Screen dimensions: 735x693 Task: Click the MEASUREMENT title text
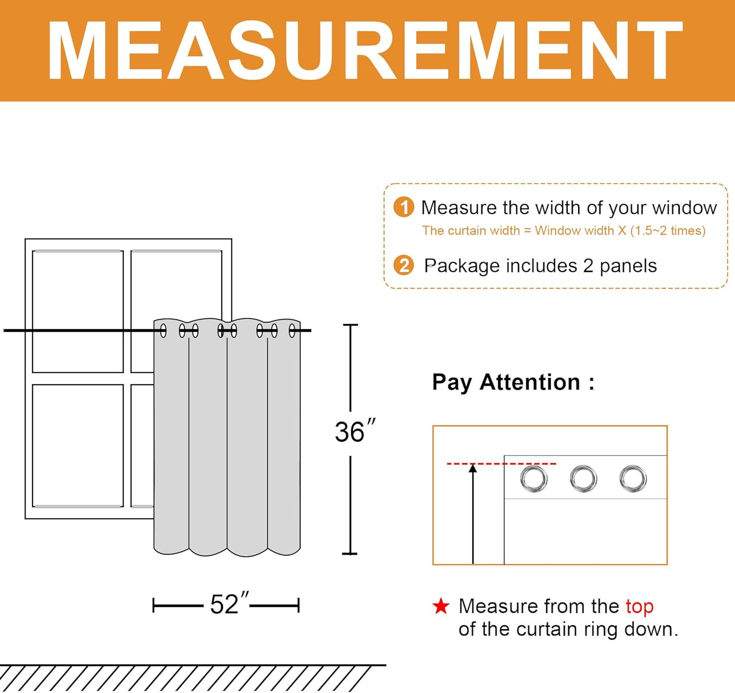click(x=365, y=50)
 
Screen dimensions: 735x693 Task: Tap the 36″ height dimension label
click(x=355, y=431)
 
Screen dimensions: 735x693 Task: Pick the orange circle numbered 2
click(x=404, y=265)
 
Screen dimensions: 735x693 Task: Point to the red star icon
click(x=441, y=606)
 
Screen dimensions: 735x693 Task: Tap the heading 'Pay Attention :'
click(x=514, y=382)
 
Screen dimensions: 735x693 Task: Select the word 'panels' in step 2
click(x=628, y=266)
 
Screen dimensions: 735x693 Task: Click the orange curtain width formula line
click(x=564, y=231)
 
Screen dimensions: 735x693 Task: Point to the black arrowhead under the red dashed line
click(x=473, y=469)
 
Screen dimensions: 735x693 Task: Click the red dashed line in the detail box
click(x=501, y=463)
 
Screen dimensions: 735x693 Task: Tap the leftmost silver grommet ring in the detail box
click(x=534, y=479)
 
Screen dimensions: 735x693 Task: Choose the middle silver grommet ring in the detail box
click(x=583, y=479)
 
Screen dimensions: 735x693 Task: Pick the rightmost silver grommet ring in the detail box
click(x=633, y=479)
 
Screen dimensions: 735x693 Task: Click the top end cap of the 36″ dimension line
click(x=350, y=325)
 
